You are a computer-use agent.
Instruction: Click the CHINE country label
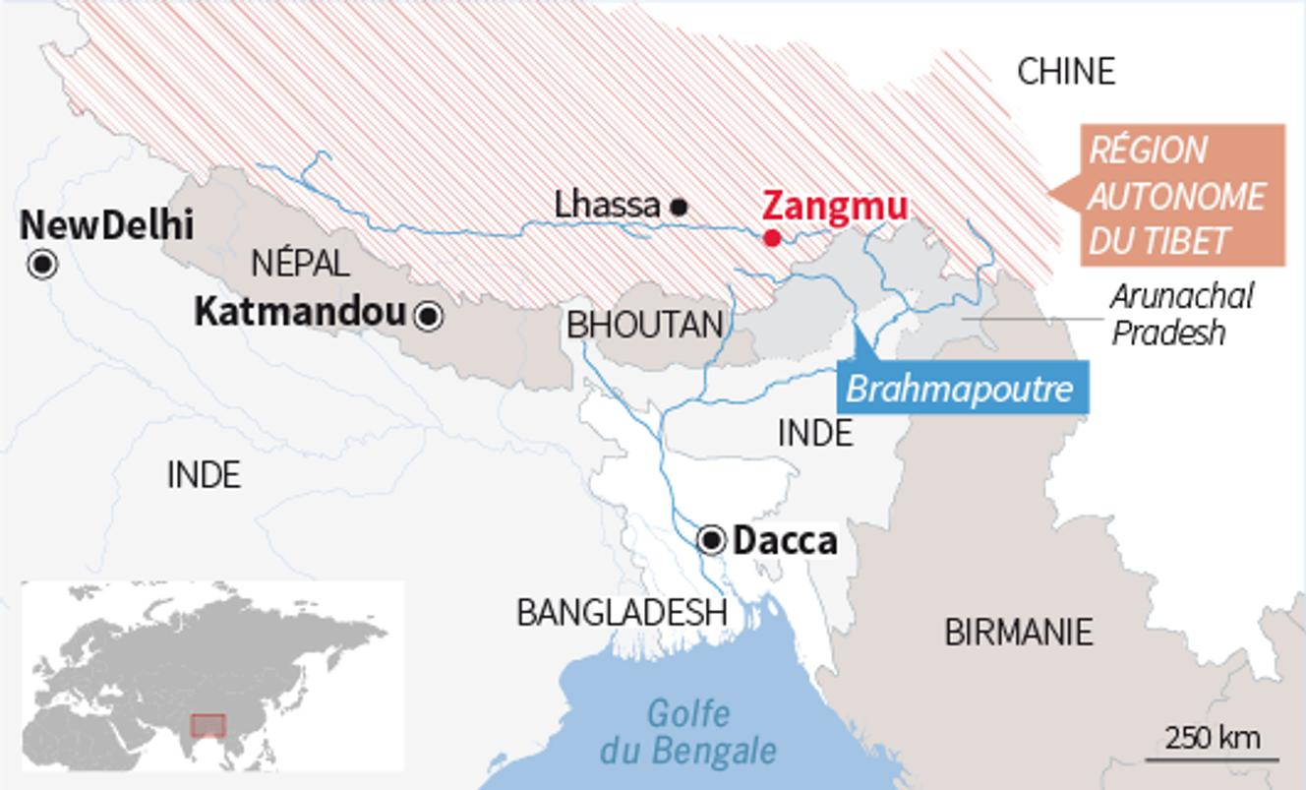(x=1066, y=71)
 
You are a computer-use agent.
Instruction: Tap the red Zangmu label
(x=835, y=207)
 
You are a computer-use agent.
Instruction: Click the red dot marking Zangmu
(x=772, y=238)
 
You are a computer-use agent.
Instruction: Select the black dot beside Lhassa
(x=678, y=207)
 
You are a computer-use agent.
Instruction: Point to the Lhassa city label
(x=607, y=205)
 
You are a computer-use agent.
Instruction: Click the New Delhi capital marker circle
(x=43, y=265)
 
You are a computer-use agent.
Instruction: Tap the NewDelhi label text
(x=106, y=225)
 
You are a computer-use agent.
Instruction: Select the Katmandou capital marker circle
(x=429, y=316)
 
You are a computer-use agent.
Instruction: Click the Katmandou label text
(x=300, y=313)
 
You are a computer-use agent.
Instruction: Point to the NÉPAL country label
(x=300, y=263)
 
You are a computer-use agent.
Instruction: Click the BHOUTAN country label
(x=645, y=325)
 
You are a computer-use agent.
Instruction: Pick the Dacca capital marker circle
(x=711, y=540)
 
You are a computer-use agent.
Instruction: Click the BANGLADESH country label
(x=622, y=612)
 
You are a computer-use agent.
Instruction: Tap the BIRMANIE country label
(x=1019, y=632)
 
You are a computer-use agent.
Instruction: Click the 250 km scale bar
(x=1213, y=758)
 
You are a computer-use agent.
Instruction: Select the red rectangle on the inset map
(x=208, y=725)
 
